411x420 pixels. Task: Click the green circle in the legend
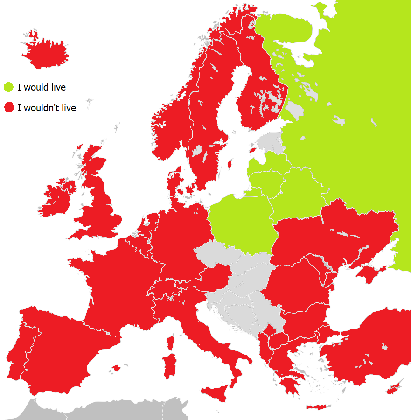[9, 87]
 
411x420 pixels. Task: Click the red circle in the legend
[9, 108]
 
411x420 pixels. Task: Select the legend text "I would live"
[42, 87]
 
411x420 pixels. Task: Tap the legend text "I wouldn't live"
[47, 108]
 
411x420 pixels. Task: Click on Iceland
[46, 53]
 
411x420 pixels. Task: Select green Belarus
[303, 187]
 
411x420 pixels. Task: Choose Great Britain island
[100, 205]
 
